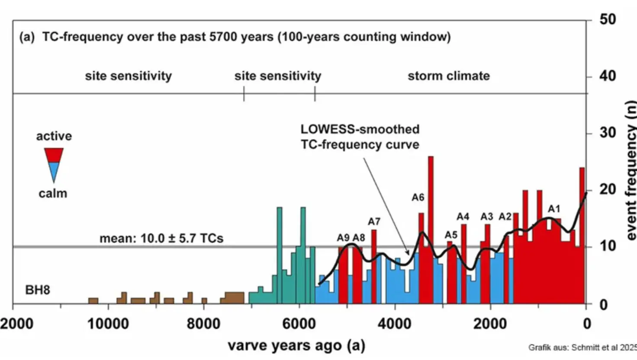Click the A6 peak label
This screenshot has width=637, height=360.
tap(418, 198)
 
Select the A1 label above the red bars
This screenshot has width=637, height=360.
tap(554, 209)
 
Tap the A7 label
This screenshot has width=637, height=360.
tap(374, 222)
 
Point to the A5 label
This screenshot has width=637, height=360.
tap(451, 235)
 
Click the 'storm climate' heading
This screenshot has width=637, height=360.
tap(448, 76)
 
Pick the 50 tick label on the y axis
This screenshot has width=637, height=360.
tap(608, 19)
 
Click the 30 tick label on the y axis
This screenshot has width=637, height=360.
tap(608, 133)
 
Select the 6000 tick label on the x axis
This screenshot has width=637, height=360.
tap(299, 324)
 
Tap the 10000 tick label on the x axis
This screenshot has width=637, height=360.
tap(108, 324)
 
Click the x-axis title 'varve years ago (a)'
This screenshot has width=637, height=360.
tap(296, 346)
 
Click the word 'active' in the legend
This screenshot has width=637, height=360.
tap(54, 136)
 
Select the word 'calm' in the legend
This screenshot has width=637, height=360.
tap(53, 193)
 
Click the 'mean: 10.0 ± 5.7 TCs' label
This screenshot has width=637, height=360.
tap(161, 238)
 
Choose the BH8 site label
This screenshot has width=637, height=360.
tap(38, 290)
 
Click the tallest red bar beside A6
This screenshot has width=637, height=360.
tap(431, 229)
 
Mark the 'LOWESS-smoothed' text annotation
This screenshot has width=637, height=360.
tap(360, 129)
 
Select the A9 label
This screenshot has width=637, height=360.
tap(343, 238)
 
